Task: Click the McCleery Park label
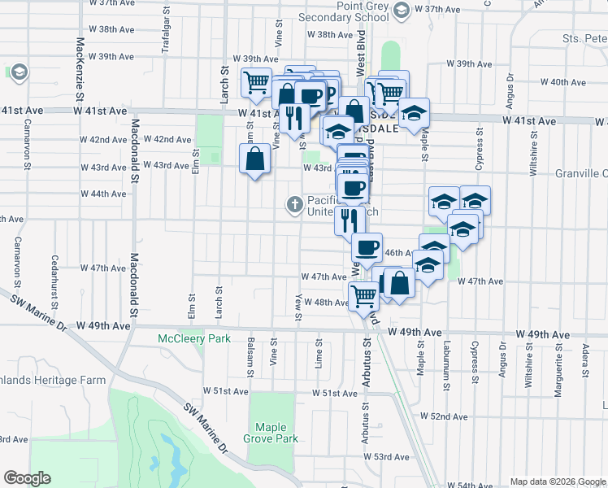[x=193, y=338]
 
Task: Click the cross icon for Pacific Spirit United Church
[x=293, y=203]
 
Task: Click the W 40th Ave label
[x=568, y=82]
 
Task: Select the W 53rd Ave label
[x=391, y=457]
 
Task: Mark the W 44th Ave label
[x=103, y=194]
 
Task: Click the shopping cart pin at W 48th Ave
[x=363, y=296]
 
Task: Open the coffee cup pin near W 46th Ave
[x=367, y=247]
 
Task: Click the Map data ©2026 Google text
[x=557, y=481]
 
